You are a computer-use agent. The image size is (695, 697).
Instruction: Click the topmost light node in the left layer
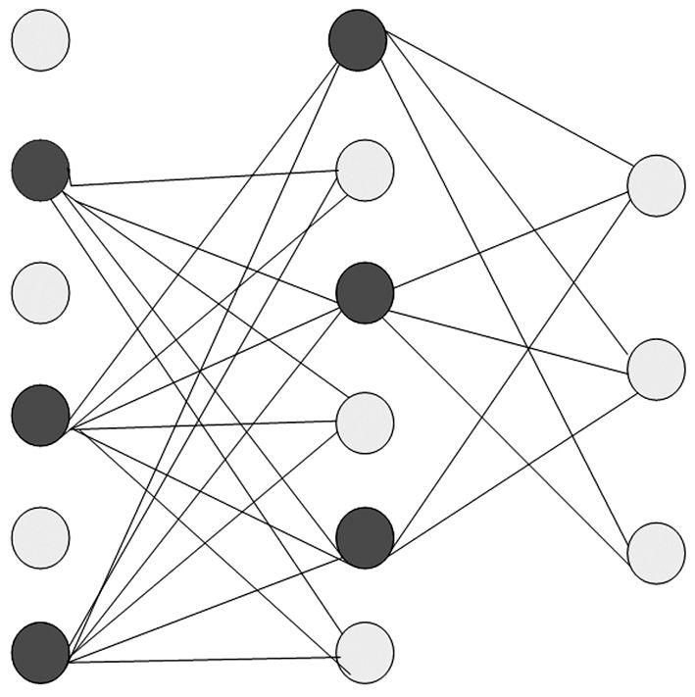[x=40, y=41]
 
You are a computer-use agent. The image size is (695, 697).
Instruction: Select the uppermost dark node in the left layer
[x=40, y=171]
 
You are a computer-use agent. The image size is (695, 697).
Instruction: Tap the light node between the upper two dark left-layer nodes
[x=40, y=293]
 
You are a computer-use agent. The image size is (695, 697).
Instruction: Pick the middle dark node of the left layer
[x=40, y=416]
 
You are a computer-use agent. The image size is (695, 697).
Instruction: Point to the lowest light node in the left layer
[x=40, y=535]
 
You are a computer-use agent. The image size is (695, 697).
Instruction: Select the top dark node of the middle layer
[x=359, y=40]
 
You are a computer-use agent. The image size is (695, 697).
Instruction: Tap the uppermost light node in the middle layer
[x=366, y=171]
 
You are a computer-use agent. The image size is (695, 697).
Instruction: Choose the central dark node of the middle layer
[x=365, y=291]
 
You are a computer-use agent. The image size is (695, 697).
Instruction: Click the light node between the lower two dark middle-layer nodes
[x=366, y=422]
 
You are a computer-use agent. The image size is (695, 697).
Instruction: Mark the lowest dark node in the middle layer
[x=365, y=536]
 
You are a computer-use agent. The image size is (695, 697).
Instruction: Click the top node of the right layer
[x=656, y=185]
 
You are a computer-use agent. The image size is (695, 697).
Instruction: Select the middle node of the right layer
[x=656, y=369]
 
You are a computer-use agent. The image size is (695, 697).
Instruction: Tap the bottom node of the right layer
[x=656, y=553]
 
